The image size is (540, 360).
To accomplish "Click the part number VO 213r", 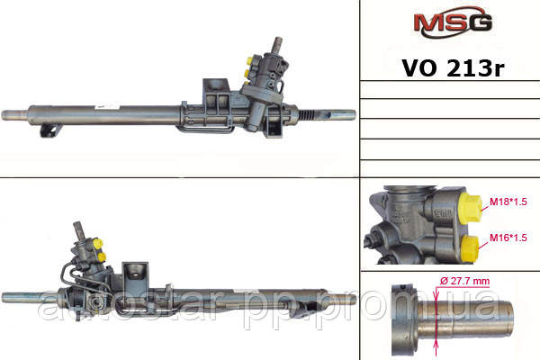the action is coord(453,68).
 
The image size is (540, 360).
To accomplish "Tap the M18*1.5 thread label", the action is coord(508,202).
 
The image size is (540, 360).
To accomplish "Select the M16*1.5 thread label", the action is coord(508,238).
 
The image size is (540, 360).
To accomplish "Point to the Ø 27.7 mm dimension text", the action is coord(464,281).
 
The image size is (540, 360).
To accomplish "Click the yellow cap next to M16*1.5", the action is coord(470,248).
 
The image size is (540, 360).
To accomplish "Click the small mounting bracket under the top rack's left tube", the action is coord(50,130).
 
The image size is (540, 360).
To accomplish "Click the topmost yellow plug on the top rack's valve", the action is coord(249,61).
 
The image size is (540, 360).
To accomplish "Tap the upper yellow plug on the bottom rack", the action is coord(98,244).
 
